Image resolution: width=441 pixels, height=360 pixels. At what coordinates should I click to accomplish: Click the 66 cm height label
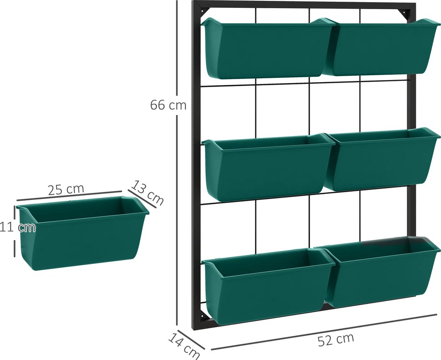tap(168, 105)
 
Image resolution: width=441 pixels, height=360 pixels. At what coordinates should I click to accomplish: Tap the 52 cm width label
tap(336, 340)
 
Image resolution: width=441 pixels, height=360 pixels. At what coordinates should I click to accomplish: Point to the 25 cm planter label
tap(66, 190)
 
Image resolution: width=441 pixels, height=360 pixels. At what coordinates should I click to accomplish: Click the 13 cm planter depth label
tap(147, 193)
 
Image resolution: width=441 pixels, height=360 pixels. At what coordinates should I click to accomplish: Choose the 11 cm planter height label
tap(18, 227)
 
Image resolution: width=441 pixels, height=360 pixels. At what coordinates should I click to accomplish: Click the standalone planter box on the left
tap(83, 233)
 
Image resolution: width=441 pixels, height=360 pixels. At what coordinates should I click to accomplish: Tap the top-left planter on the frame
tap(268, 48)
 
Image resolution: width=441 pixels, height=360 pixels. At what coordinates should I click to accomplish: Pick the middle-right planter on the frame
tap(382, 159)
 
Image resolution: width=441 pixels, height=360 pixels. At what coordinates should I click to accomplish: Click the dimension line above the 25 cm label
tap(69, 196)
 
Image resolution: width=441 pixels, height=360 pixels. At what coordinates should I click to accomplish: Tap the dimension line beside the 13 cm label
tap(142, 199)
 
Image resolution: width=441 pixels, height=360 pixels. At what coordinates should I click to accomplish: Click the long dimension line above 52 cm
tap(324, 332)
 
